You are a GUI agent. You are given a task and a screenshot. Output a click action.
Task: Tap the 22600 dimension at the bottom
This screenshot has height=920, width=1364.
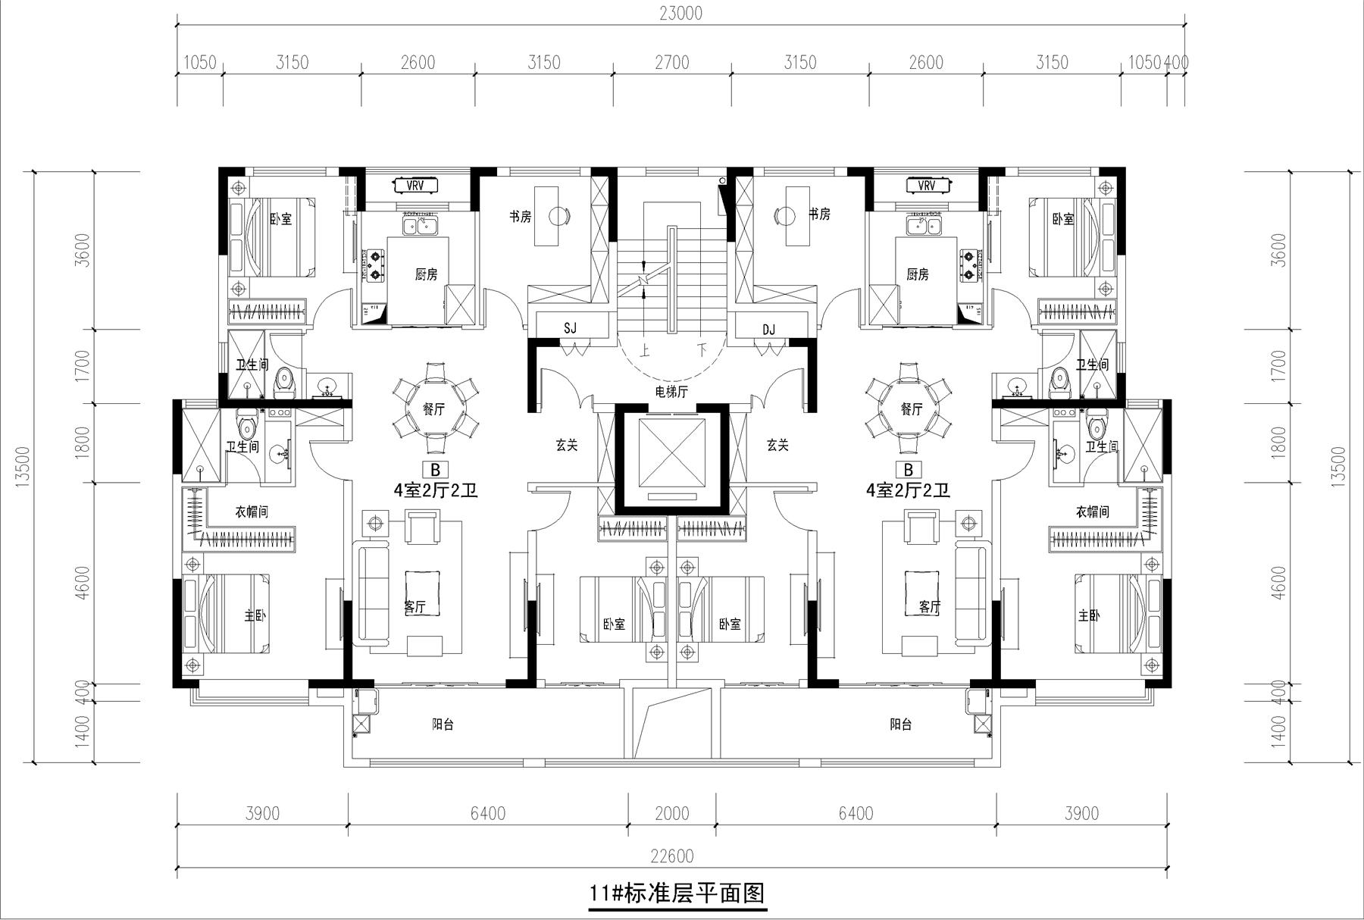pos(671,856)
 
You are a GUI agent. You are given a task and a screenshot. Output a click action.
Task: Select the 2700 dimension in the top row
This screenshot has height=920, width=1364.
pos(671,62)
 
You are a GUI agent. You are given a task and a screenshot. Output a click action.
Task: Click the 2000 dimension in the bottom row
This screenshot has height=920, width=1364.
pos(671,813)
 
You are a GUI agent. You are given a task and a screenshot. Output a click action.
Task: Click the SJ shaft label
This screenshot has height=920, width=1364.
pos(570,328)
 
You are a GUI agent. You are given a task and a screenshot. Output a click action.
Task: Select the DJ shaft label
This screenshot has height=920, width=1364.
pos(768,329)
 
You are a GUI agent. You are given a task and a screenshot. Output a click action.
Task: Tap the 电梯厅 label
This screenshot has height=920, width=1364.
pos(671,391)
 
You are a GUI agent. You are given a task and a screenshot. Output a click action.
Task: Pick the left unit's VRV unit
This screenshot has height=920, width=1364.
pos(415,186)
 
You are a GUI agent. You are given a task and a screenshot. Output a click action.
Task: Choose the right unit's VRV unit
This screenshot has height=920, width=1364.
pos(926,186)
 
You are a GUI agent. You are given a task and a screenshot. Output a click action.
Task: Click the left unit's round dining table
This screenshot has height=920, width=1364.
pos(434,408)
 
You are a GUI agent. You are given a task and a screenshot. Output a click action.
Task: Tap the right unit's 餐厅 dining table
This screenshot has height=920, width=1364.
pos(912,408)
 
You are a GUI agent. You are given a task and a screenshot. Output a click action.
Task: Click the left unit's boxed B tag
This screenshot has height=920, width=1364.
pos(435,470)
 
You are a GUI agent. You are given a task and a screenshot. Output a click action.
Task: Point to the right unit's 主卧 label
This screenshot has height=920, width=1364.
pos(1089,615)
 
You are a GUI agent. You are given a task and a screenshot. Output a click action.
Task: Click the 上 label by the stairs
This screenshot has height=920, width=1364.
pos(646,351)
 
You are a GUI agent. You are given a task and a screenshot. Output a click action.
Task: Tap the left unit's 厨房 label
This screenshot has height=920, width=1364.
pos(426,274)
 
